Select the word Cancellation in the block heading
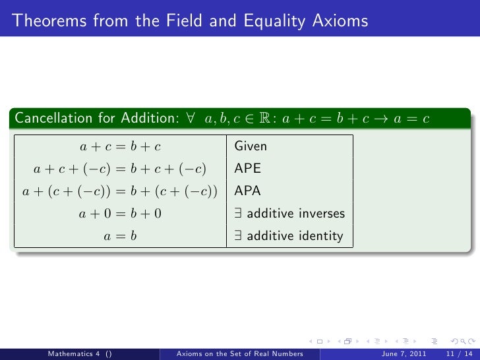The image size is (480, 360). click(x=51, y=119)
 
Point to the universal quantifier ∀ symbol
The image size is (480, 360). click(x=190, y=119)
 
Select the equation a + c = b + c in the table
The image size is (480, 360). click(x=120, y=146)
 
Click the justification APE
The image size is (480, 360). click(x=248, y=169)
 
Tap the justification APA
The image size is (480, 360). click(x=248, y=191)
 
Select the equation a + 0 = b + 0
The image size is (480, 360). click(x=120, y=214)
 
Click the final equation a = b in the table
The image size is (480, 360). click(x=120, y=236)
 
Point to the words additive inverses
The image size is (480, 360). click(x=295, y=214)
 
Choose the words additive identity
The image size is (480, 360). click(x=295, y=236)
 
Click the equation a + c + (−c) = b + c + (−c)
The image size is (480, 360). click(x=120, y=169)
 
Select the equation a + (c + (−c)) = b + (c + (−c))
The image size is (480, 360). click(x=120, y=191)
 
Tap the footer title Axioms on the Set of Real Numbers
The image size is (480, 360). click(x=239, y=353)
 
